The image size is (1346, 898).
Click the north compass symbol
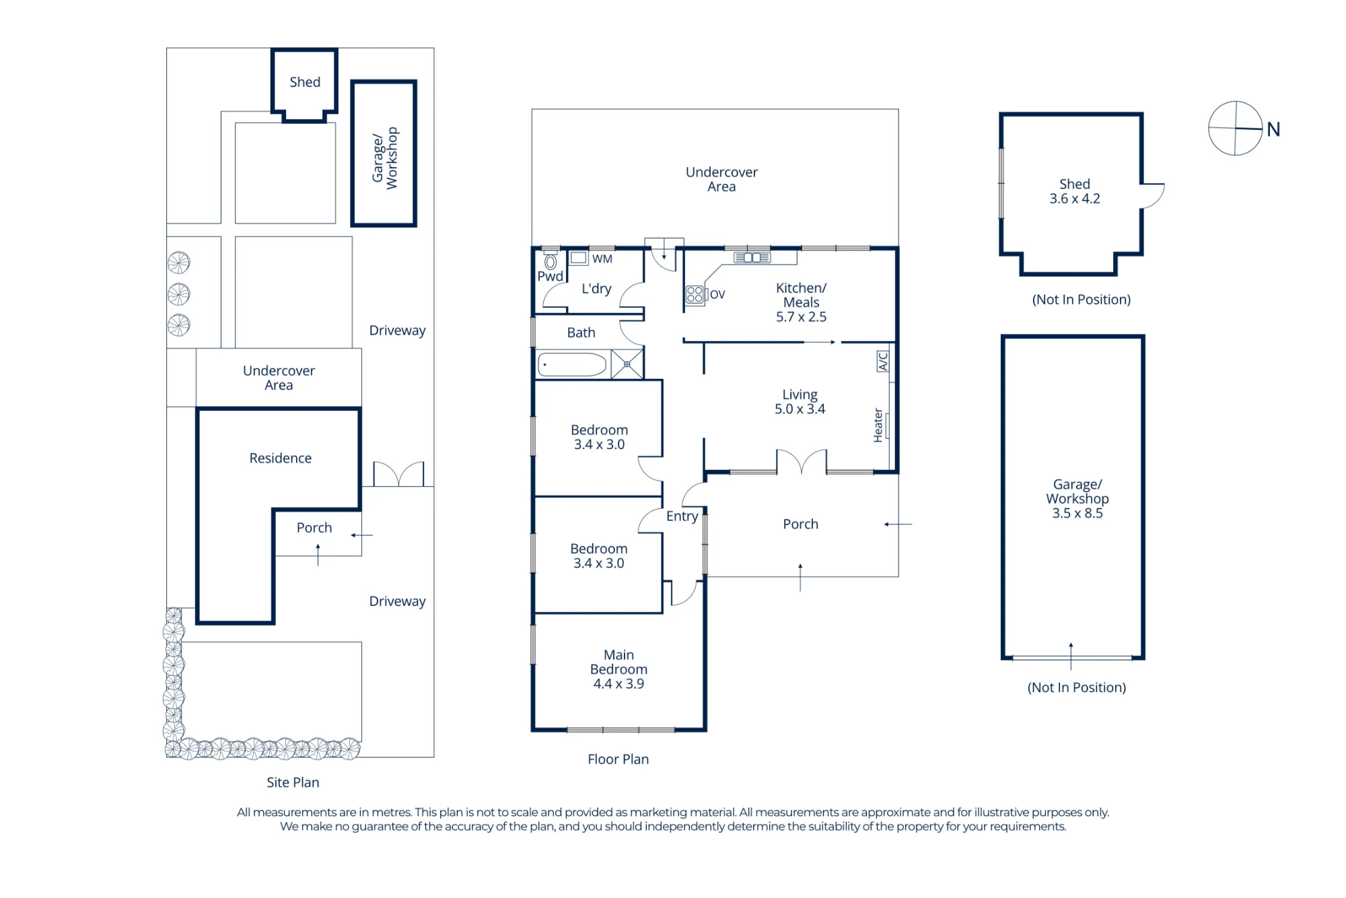pyautogui.click(x=1236, y=128)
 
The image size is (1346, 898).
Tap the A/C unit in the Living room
pyautogui.click(x=882, y=361)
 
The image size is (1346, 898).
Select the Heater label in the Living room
pyautogui.click(x=878, y=425)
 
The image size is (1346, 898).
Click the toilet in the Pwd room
pyautogui.click(x=551, y=261)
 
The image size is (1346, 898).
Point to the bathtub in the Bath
pyautogui.click(x=573, y=364)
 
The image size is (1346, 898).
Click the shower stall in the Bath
pyautogui.click(x=627, y=364)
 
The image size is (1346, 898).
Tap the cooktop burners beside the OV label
pyautogui.click(x=695, y=294)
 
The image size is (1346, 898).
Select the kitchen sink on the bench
pyautogui.click(x=752, y=258)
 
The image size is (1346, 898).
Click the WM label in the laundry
pyautogui.click(x=602, y=259)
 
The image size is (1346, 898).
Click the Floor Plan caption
pyautogui.click(x=618, y=759)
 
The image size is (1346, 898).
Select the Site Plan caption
pyautogui.click(x=293, y=782)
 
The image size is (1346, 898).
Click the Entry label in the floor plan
pyautogui.click(x=682, y=516)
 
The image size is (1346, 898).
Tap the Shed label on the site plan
pyautogui.click(x=305, y=82)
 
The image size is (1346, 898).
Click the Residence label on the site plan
pyautogui.click(x=281, y=458)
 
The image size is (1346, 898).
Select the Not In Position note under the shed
pyautogui.click(x=1082, y=300)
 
